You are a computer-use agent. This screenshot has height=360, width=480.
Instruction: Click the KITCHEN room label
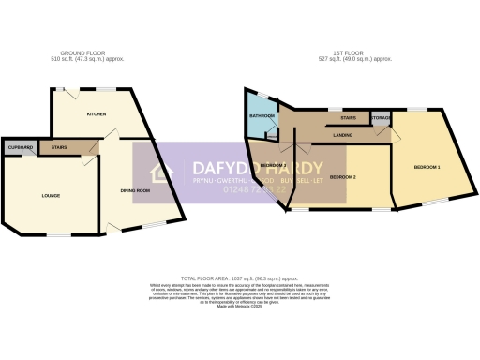point(96,114)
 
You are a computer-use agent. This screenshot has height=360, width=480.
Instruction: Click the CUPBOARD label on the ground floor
point(21,148)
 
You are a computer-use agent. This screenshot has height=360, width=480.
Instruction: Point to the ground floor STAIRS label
point(59,148)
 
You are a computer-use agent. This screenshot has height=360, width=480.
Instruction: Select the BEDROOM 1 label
point(427,167)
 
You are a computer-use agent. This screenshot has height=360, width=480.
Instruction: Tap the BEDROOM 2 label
point(342,176)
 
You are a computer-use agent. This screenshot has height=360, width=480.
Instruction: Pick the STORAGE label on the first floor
point(381,118)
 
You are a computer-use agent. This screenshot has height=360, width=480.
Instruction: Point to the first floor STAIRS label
point(348,119)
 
